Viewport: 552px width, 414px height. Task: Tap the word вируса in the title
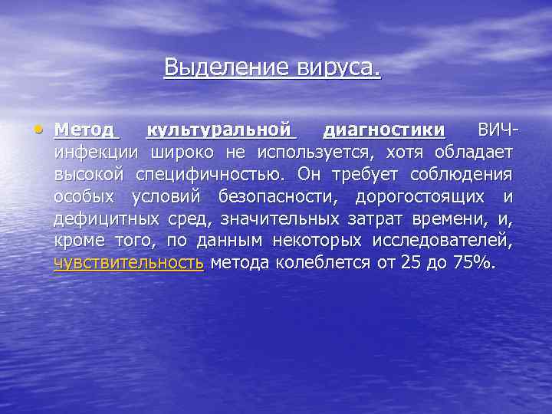(x=337, y=68)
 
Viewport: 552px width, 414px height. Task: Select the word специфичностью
(x=209, y=174)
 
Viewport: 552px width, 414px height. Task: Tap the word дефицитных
(x=107, y=220)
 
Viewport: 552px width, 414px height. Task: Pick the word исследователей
(x=442, y=242)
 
